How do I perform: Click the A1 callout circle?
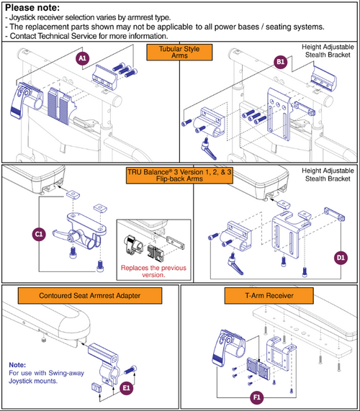click(82, 58)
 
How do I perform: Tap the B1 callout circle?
click(280, 62)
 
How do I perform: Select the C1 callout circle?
click(39, 234)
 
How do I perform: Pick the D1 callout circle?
click(341, 258)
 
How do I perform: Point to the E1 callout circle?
click(127, 388)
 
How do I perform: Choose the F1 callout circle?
click(256, 397)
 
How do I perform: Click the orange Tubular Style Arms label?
click(179, 52)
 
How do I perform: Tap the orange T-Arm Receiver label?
click(269, 296)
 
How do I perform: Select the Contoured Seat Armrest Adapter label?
click(90, 296)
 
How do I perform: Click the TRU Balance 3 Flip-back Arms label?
click(179, 176)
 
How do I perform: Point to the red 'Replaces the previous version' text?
click(153, 271)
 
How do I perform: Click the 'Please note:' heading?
click(32, 8)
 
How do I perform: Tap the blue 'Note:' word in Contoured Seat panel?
click(17, 365)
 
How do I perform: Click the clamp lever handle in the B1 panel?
click(210, 150)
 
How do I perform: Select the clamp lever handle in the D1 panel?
click(235, 264)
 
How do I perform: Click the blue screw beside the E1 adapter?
click(130, 370)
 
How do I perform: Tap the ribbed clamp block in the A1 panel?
click(60, 105)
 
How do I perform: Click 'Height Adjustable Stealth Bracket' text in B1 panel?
click(328, 51)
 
